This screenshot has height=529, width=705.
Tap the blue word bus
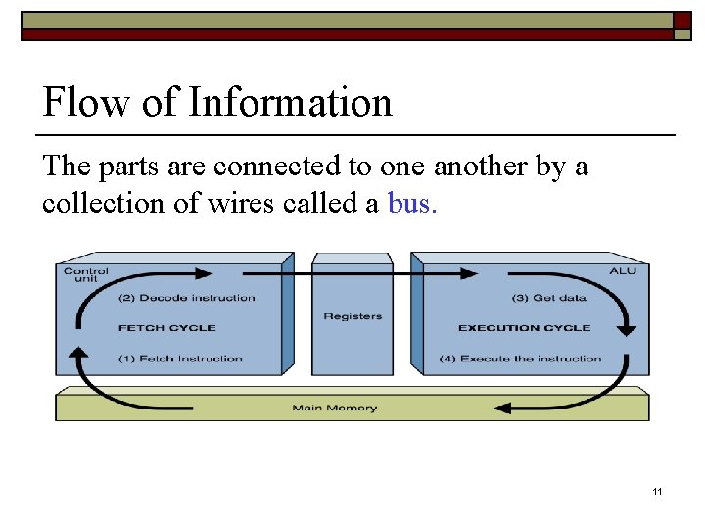coord(410,203)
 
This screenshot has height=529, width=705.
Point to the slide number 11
coord(657,490)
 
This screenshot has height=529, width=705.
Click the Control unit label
coord(85,274)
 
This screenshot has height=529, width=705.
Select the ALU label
coord(622,271)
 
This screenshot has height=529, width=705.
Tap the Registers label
coord(352,316)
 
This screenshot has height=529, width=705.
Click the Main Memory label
coord(334,408)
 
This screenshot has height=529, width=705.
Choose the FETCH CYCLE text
coord(166,328)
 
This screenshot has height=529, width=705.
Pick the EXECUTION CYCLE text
coord(525,328)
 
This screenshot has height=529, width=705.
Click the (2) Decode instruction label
coord(186,298)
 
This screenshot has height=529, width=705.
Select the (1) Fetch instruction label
coord(180,359)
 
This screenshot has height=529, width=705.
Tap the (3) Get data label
coord(548,298)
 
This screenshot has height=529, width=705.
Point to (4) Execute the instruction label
coord(530,359)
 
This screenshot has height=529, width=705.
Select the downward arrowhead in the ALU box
coord(627,331)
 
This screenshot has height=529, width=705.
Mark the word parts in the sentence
coord(128,167)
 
